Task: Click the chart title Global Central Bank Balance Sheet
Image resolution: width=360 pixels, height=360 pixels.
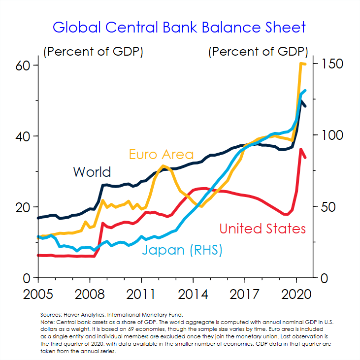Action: pos(179,27)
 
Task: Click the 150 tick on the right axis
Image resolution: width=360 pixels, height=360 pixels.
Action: pos(331,65)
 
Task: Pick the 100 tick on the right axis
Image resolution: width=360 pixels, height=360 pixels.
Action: pos(332,135)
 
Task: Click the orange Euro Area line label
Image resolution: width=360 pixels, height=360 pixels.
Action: pos(161,154)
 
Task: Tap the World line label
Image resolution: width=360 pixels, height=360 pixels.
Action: pos(92,172)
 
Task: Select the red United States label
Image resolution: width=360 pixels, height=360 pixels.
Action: pos(262,229)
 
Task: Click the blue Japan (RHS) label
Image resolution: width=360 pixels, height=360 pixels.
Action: pos(182,250)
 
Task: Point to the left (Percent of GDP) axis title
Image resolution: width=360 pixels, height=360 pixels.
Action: pos(94,51)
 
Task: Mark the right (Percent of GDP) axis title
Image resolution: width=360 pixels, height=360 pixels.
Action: pos(259,51)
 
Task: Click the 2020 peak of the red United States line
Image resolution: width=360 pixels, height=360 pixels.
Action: pos(301,149)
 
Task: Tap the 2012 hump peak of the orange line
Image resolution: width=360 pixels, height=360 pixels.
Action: pos(164,165)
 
